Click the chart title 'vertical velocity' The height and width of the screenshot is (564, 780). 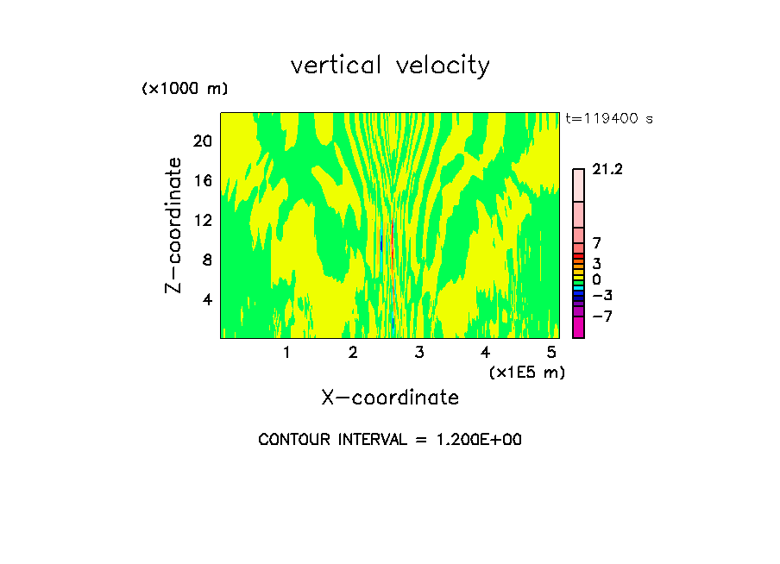(x=390, y=66)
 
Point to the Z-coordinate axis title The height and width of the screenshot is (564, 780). (x=174, y=225)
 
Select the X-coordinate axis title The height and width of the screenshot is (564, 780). (x=390, y=398)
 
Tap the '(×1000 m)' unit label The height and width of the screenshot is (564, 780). (x=184, y=90)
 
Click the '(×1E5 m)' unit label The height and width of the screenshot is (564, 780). (x=526, y=372)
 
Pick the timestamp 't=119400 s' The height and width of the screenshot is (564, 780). (x=608, y=119)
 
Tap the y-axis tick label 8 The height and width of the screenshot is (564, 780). (x=208, y=260)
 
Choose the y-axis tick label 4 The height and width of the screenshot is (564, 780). (x=208, y=299)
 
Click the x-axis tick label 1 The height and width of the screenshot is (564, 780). (x=286, y=352)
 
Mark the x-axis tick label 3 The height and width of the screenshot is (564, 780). (x=418, y=352)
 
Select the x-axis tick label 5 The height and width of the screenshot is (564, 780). (x=551, y=352)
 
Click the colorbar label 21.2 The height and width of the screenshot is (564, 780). (x=607, y=170)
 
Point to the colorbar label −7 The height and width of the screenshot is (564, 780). (x=601, y=316)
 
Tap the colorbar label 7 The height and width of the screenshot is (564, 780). (x=596, y=244)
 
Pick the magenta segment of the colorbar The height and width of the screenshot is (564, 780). (x=578, y=328)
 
